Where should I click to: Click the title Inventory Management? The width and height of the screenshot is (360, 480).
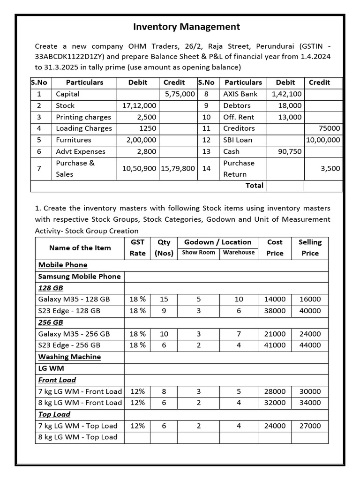[x=187, y=27]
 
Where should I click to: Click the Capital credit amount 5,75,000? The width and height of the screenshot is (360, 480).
[x=180, y=94]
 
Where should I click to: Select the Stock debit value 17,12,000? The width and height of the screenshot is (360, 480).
[x=139, y=106]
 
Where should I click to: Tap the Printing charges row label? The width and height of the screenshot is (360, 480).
[x=83, y=117]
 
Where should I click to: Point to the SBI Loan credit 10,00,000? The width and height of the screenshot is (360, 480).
[x=323, y=140]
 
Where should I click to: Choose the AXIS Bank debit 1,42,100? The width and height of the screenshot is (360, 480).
[x=286, y=94]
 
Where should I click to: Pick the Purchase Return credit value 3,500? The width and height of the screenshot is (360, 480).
[x=330, y=169]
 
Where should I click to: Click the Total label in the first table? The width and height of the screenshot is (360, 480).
[x=254, y=186]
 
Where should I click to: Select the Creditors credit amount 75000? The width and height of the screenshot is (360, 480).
[x=330, y=128]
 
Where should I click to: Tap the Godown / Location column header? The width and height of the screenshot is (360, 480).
[x=217, y=242]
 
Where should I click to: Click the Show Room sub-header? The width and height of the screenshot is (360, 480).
[x=198, y=253]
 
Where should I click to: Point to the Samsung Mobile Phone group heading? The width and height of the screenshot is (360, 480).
[x=79, y=277]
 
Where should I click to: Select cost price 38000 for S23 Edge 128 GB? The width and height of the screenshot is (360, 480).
[x=275, y=311]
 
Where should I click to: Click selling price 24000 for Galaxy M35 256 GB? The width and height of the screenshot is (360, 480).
[x=310, y=334]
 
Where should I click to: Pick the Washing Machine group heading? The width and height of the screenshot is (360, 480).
[x=69, y=357]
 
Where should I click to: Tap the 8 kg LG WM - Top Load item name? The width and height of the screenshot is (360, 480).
[x=78, y=437]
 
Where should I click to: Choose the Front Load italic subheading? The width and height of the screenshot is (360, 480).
[x=57, y=380]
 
